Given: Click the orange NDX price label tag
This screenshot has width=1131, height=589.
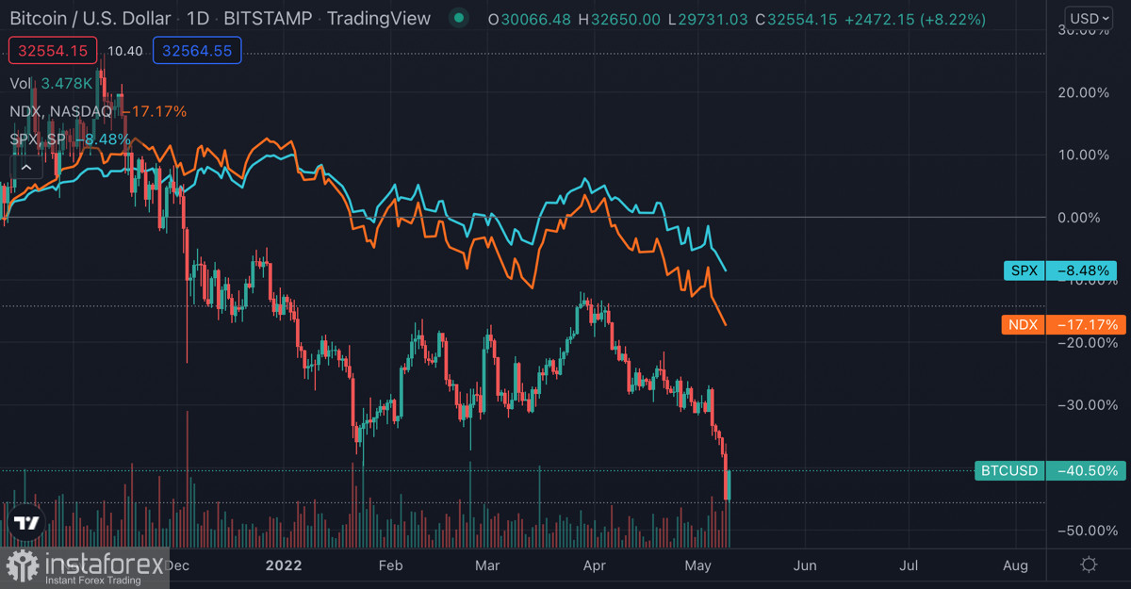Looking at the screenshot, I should pos(1061,325).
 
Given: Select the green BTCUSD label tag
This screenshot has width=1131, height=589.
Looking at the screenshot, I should pos(1046,470).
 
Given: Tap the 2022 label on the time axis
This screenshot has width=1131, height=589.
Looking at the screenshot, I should pos(284,565).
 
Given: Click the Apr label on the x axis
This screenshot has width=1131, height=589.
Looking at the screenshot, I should pos(594,565).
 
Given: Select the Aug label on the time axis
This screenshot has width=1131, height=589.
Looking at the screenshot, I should pos(1015,565).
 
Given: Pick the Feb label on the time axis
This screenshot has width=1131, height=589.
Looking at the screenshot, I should pos(390,565).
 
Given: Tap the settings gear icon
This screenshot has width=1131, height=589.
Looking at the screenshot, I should pos(1089,564).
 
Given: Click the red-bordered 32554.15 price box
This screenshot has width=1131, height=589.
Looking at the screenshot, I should pos(53,51).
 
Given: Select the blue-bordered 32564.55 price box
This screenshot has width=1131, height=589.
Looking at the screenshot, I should pos(197,51).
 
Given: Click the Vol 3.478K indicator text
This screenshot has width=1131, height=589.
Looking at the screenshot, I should pos(52,83).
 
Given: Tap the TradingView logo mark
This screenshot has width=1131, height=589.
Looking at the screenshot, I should pos(25,524).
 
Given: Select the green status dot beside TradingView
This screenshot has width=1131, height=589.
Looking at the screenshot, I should pos(458,18).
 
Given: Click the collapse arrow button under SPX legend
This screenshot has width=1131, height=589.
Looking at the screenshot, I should pos(25,168).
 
